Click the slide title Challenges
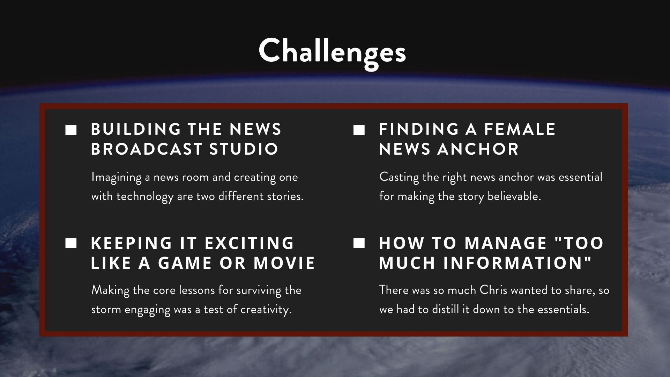[x=332, y=52]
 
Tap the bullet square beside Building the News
[x=71, y=130]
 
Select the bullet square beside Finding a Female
[x=359, y=130]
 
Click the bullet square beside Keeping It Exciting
[x=71, y=243]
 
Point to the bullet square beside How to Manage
[x=359, y=243]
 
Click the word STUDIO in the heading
[x=244, y=149]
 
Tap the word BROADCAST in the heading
[x=147, y=149]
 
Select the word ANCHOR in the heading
[x=478, y=149]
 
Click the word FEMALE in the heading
[x=520, y=129]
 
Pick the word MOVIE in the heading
[x=284, y=263]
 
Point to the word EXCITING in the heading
[x=249, y=243]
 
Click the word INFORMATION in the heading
[x=518, y=263]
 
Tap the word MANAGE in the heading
[x=506, y=243]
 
